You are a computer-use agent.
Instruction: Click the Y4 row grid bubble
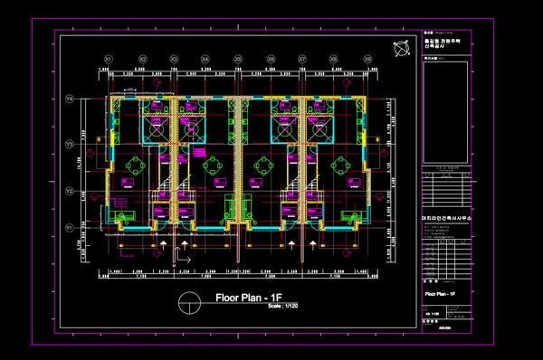(x=68, y=99)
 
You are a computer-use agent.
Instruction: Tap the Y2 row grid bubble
(x=68, y=191)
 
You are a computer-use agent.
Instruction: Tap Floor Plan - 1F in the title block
(x=441, y=295)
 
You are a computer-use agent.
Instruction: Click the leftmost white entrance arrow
(x=163, y=243)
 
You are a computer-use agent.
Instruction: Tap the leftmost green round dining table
(x=135, y=166)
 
